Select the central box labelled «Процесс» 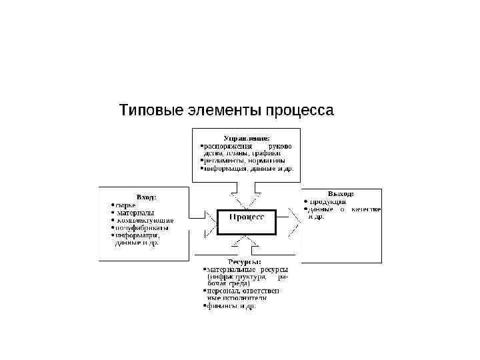point(247,217)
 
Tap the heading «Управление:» point(247,137)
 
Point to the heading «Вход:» point(146,197)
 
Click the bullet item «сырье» point(125,205)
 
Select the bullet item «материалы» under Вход point(135,213)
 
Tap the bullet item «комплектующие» point(145,220)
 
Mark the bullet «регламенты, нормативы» point(244,161)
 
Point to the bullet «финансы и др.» point(231,307)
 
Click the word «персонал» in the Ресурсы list point(222,291)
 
